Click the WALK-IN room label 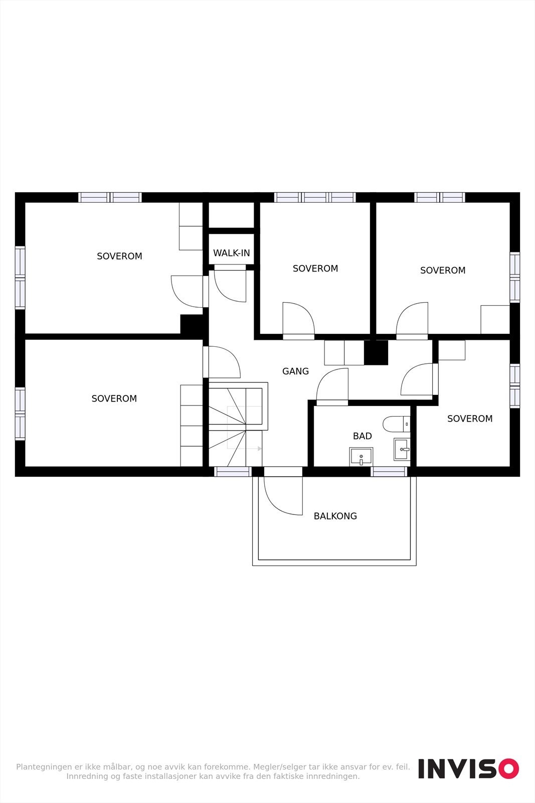231,253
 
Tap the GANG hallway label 295,371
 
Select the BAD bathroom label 362,436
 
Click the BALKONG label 335,516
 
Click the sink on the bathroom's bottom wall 361,457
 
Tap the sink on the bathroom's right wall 402,449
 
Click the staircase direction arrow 259,448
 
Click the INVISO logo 468,768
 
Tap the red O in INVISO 508,768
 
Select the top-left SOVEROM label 119,256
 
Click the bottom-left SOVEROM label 114,398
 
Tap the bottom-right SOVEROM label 469,419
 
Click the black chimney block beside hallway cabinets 376,352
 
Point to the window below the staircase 233,472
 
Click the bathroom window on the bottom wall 389,472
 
